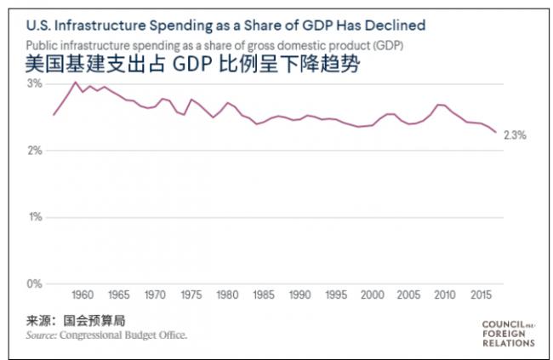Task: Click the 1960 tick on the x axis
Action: click(83, 295)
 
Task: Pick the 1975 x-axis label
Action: click(192, 295)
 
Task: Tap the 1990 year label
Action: click(300, 295)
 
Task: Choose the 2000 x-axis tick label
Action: click(371, 295)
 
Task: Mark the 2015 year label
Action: click(478, 295)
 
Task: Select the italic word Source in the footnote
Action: click(41, 335)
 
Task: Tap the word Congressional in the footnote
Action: click(94, 335)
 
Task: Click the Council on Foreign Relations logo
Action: click(508, 333)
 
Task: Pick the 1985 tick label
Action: click(265, 295)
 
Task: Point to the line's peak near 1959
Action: click(75, 82)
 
